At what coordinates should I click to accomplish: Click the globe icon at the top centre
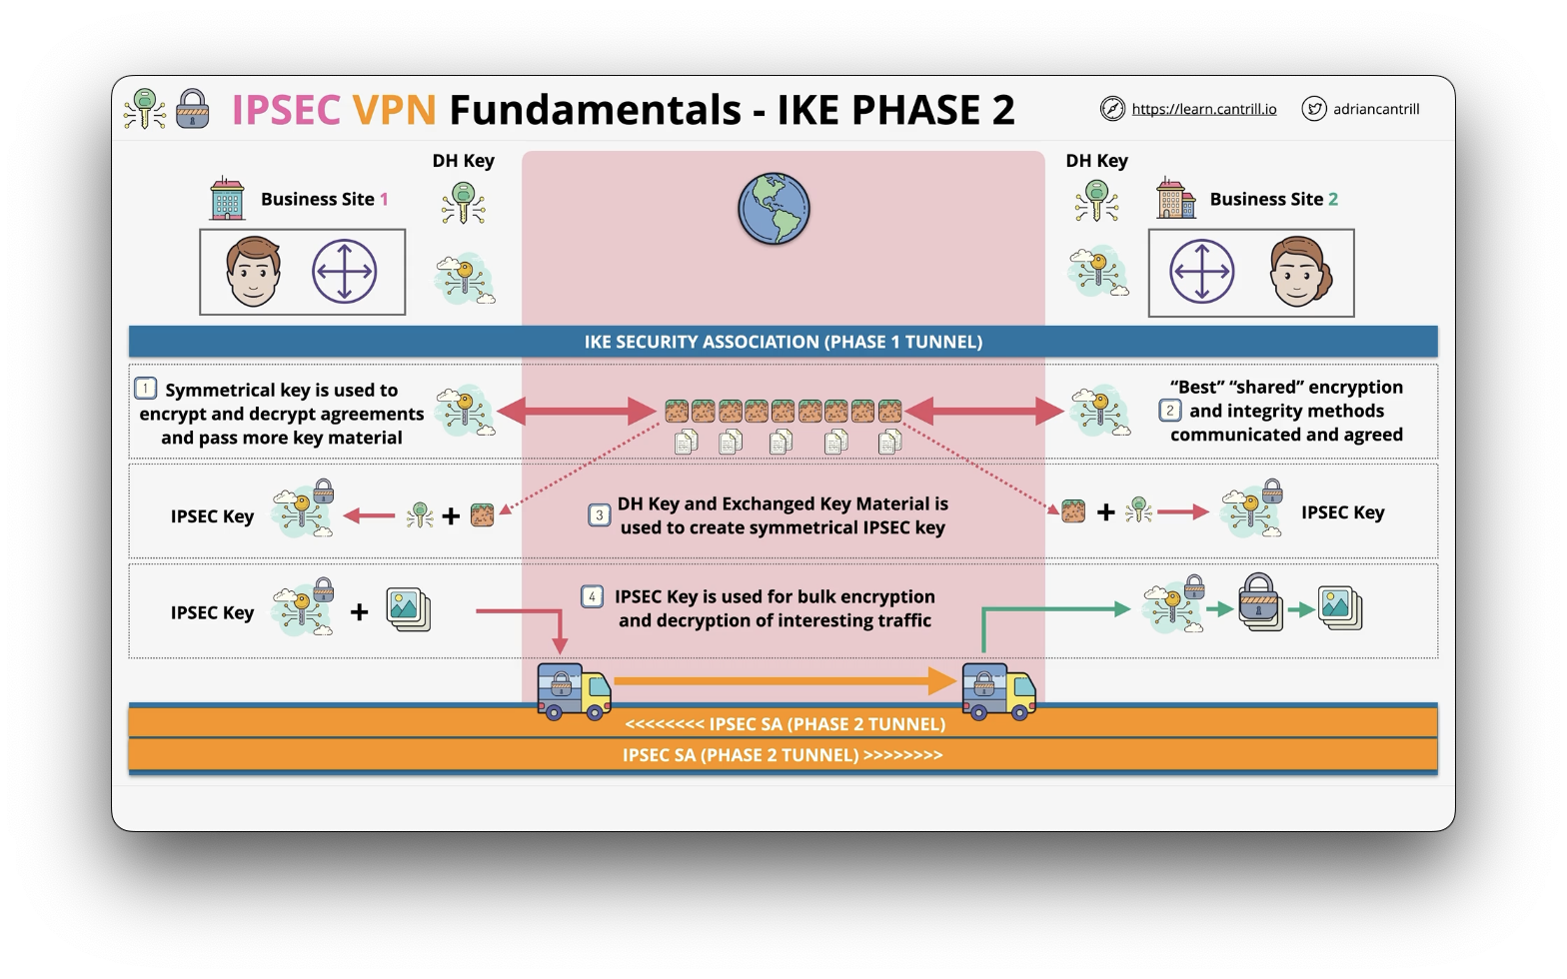(x=774, y=209)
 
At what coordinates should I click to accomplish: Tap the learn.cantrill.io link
(x=1204, y=109)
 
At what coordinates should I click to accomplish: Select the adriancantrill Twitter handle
(x=1376, y=109)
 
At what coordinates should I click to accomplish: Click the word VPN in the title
(x=394, y=110)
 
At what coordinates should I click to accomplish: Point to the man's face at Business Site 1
(x=253, y=272)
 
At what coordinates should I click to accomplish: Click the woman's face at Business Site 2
(x=1300, y=272)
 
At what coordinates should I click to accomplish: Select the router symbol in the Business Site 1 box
(x=344, y=272)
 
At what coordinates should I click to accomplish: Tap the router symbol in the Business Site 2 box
(x=1202, y=272)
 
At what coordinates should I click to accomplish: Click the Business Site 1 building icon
(x=228, y=198)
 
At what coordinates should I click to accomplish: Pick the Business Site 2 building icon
(x=1176, y=198)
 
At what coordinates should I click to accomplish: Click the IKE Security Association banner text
(x=783, y=342)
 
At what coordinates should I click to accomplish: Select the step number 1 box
(x=146, y=388)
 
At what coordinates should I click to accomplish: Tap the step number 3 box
(x=599, y=515)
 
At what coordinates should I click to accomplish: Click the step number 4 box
(x=592, y=596)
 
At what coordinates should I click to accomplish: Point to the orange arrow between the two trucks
(x=784, y=681)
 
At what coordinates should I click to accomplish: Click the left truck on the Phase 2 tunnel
(x=574, y=691)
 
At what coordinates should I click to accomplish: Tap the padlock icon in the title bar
(x=192, y=108)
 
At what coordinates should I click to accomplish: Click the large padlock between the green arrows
(x=1258, y=601)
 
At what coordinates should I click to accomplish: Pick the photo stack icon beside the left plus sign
(x=409, y=609)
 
